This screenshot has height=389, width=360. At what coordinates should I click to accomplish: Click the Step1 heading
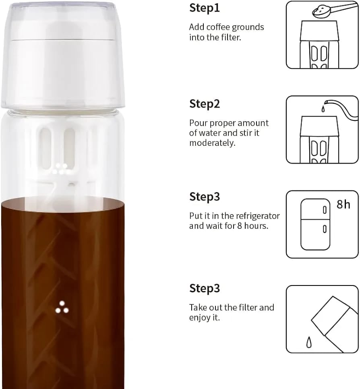point(205,8)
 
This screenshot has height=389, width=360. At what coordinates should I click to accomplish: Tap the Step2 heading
point(205,104)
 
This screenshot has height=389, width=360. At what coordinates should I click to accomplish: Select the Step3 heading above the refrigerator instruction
point(205,197)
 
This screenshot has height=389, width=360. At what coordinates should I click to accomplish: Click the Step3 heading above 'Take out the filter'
point(205,288)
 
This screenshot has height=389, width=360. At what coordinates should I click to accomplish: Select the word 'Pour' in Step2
point(197,123)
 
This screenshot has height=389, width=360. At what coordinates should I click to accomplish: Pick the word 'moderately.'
point(212,143)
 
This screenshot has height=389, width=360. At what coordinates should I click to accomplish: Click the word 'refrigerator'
point(257,216)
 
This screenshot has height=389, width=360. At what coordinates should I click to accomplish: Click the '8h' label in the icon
point(343,205)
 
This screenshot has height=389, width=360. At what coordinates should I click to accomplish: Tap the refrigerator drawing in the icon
point(315,224)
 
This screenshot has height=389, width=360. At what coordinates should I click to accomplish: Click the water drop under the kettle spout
point(323,109)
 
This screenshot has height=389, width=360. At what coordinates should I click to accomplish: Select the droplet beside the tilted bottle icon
point(309,342)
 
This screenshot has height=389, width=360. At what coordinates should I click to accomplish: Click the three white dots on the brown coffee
point(62,308)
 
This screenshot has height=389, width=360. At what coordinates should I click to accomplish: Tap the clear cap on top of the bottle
point(63,55)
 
